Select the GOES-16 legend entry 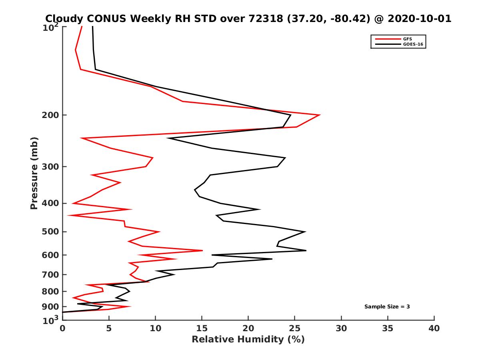pyautogui.click(x=413, y=44)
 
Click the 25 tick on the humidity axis pyautogui.click(x=295, y=328)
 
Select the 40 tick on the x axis pyautogui.click(x=434, y=328)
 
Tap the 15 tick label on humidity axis pyautogui.click(x=202, y=328)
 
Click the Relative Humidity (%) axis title pyautogui.click(x=248, y=340)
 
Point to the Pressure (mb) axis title pyautogui.click(x=34, y=173)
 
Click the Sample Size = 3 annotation pyautogui.click(x=387, y=307)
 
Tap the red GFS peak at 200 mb pyautogui.click(x=319, y=115)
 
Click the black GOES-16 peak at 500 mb pyautogui.click(x=305, y=232)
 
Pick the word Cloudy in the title pyautogui.click(x=64, y=18)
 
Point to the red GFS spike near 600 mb pyautogui.click(x=202, y=250)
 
